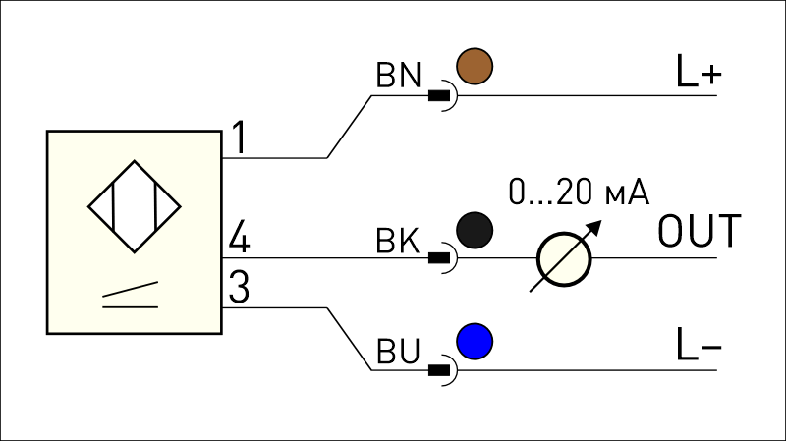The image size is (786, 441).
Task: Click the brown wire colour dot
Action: (475, 66)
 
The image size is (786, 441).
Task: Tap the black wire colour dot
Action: (475, 230)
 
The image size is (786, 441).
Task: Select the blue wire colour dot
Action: (475, 341)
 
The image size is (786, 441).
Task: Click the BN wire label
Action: (399, 76)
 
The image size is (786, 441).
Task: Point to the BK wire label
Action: (398, 241)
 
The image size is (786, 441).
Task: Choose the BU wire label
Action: (398, 351)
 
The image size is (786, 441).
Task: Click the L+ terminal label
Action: (699, 71)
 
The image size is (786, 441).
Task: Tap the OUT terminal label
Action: (700, 231)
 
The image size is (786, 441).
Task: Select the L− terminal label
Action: (699, 344)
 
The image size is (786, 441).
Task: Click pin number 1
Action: (239, 138)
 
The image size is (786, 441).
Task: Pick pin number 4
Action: (239, 236)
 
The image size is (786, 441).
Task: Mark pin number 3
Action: (239, 287)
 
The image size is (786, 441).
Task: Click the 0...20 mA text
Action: (579, 192)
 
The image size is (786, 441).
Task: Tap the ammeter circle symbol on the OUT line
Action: (564, 259)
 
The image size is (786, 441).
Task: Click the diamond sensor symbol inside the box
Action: (135, 206)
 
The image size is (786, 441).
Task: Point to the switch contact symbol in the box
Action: (131, 296)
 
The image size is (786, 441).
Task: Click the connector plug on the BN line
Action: (442, 95)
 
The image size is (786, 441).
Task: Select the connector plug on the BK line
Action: (442, 257)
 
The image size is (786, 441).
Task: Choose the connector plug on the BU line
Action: (442, 370)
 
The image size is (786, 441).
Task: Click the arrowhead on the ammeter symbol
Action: (594, 227)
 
